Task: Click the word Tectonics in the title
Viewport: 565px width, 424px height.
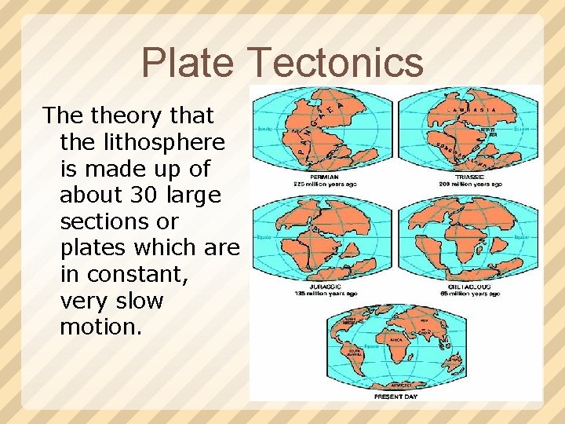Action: [x=335, y=64]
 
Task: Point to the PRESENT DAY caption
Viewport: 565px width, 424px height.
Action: [x=395, y=397]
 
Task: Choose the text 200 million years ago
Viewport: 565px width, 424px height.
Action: [x=470, y=185]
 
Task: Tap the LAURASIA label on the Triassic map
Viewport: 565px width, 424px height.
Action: [x=469, y=110]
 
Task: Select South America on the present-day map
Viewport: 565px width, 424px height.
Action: [x=354, y=356]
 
